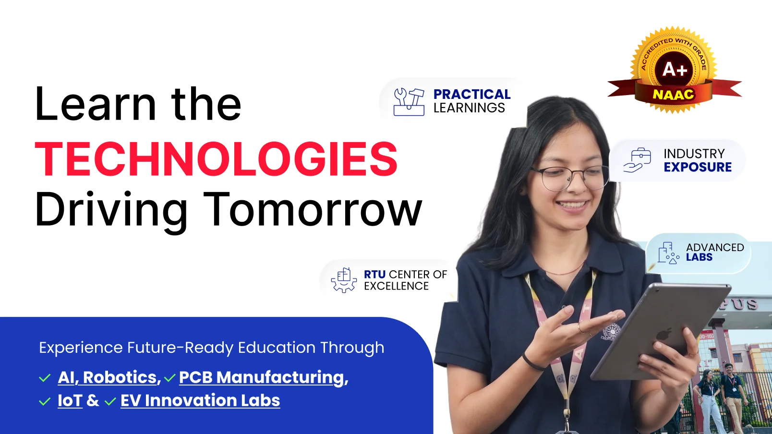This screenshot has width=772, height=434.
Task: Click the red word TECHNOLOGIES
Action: [x=216, y=159]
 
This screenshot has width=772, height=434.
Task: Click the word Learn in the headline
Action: [x=96, y=104]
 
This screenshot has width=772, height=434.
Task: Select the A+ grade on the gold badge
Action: [x=675, y=69]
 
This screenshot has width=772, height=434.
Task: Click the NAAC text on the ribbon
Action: [x=674, y=94]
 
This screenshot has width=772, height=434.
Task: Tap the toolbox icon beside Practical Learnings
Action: [x=409, y=102]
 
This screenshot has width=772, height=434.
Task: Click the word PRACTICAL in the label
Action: [x=472, y=94]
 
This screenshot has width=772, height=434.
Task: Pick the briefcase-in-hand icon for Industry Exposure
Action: [x=637, y=160]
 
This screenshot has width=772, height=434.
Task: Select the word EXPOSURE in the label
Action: [x=698, y=167]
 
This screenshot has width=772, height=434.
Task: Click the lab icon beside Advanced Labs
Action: [x=668, y=253]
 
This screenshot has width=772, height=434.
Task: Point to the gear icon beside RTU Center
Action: [x=344, y=280]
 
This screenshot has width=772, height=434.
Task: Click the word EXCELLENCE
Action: [x=397, y=286]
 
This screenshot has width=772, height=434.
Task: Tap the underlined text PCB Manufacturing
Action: [x=262, y=377]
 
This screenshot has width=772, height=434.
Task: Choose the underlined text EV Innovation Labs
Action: [x=200, y=400]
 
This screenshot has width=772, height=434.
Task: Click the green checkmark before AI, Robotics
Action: [x=45, y=378]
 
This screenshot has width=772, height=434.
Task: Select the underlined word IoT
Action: [x=70, y=400]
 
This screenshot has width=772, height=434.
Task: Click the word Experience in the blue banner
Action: [x=81, y=348]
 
